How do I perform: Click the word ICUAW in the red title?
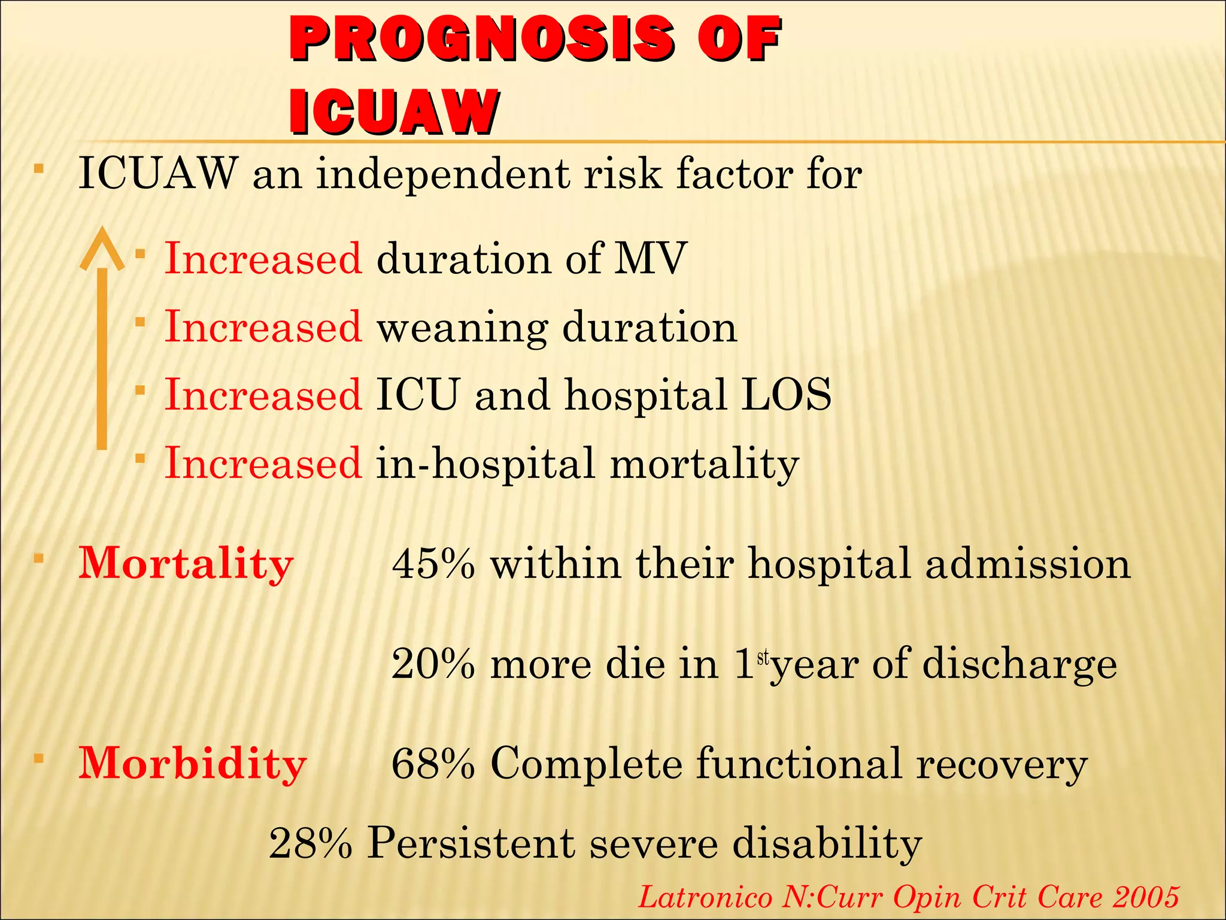coord(394,113)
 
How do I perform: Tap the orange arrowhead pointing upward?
coord(102,248)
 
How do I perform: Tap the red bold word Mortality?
coord(186,564)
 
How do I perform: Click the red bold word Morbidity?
coord(192,764)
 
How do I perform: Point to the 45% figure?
coord(433,564)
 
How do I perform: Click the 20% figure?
coord(433,664)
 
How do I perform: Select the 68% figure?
coord(433,764)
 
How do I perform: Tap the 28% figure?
coord(311,843)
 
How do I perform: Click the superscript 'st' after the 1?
coord(763,658)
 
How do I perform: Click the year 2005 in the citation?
coord(1146,897)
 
